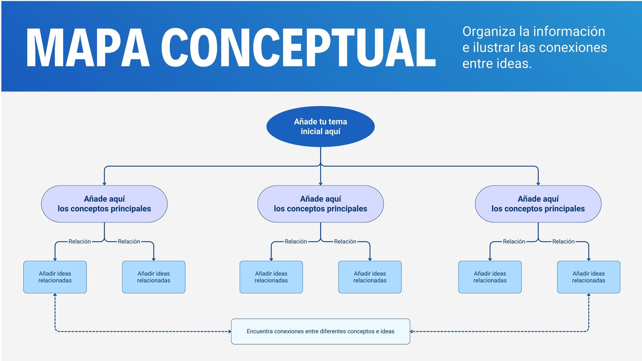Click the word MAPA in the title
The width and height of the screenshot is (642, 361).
tap(87, 48)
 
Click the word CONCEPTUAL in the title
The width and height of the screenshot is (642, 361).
tap(299, 48)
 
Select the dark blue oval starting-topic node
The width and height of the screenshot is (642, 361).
tap(320, 126)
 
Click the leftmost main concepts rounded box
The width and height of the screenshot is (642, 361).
tap(104, 204)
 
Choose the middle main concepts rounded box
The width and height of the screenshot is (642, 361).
tap(320, 204)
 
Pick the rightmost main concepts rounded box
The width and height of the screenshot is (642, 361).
tap(538, 204)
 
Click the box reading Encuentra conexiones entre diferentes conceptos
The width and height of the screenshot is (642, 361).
tap(320, 331)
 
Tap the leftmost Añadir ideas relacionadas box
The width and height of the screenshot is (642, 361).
tap(55, 277)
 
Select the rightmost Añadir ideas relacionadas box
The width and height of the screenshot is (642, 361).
tap(588, 277)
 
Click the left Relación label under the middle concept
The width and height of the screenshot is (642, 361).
tap(296, 241)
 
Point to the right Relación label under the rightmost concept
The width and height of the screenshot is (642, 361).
tap(563, 241)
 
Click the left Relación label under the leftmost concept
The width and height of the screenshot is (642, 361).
tap(79, 241)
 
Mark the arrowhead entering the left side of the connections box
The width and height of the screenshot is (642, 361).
tap(230, 331)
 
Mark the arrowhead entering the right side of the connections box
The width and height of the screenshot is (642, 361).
tap(412, 331)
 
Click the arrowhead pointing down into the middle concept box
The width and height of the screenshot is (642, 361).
tap(320, 183)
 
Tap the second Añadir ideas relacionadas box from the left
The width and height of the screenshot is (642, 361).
tap(154, 277)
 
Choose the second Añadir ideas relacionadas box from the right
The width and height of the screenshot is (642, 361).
tap(490, 277)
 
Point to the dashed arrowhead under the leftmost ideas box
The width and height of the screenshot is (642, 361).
tap(55, 295)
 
